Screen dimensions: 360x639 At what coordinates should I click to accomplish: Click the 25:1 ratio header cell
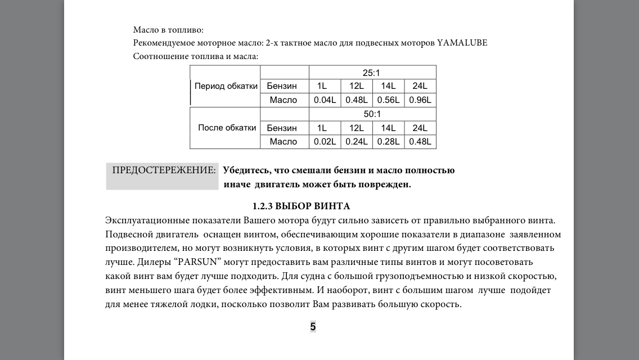(372, 73)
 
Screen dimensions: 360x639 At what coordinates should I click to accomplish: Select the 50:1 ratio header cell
(372, 114)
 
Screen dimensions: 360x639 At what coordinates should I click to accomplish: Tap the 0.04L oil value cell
(325, 100)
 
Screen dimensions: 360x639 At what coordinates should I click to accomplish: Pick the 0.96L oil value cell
(420, 100)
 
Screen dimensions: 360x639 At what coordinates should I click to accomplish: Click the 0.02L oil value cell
(325, 142)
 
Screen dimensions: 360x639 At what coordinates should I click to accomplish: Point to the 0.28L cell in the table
(388, 142)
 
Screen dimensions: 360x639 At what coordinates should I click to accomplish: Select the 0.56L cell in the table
(388, 100)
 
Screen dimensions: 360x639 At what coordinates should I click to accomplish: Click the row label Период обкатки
(226, 86)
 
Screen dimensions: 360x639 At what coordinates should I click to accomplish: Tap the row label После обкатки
(227, 128)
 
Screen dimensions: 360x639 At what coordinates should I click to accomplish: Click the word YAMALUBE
(462, 43)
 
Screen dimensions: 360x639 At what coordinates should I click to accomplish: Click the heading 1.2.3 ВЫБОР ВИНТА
(301, 206)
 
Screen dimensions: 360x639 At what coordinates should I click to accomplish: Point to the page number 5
(313, 327)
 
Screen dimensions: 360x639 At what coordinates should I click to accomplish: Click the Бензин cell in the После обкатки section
(282, 128)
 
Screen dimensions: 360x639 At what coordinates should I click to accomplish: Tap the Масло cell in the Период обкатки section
(283, 100)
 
